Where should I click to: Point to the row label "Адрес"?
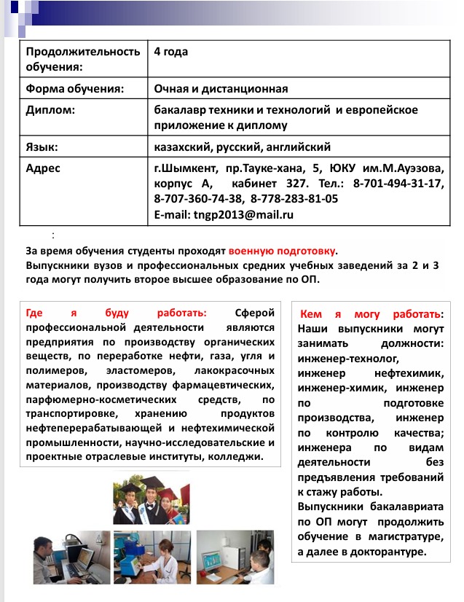tap(43, 168)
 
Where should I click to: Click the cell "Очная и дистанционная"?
tap(221, 89)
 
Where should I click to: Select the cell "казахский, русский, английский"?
tap(243, 146)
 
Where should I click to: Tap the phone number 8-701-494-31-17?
tap(398, 183)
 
